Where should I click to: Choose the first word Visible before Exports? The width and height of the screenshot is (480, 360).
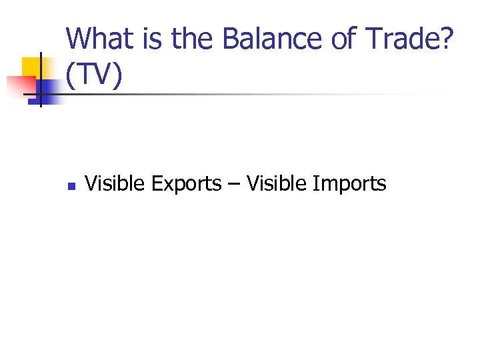[115, 183]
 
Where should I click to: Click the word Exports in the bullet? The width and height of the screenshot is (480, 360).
[186, 184]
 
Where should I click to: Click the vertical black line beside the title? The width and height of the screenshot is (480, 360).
[41, 80]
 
